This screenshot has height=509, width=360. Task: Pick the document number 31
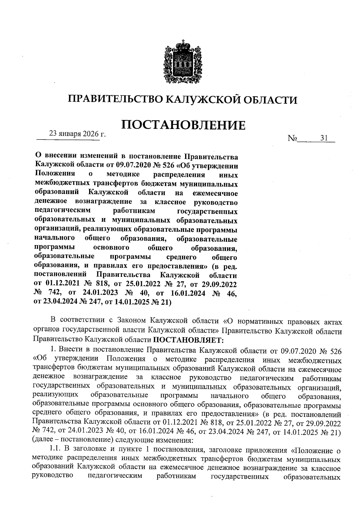click(324, 138)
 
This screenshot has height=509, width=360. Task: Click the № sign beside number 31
click(292, 139)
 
